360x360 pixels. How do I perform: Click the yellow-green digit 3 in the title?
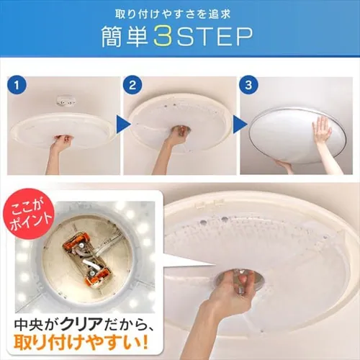coord(163,36)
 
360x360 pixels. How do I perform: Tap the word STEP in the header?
coord(215,36)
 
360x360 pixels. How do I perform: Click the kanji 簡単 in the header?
coord(125,36)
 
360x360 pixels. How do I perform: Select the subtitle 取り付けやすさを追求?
coord(173,14)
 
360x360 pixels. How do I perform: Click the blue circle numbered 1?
coord(17,85)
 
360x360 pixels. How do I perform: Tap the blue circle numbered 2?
coord(132,85)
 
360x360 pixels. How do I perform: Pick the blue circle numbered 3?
coord(248,85)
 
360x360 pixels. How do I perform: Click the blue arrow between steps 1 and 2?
coord(123,125)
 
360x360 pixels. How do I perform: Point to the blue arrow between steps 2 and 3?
coord(240,125)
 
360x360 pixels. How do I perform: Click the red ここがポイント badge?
coord(28,214)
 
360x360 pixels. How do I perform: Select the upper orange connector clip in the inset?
coord(77,243)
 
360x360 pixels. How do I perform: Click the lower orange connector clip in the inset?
coord(97,276)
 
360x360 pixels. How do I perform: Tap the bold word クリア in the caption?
coord(81,324)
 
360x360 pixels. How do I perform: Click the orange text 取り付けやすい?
coord(81,343)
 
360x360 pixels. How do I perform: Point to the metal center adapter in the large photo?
coord(240,279)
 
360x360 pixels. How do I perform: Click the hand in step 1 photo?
coord(61,142)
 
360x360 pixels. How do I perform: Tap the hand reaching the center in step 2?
coord(178,135)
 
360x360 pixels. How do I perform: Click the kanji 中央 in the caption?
coord(28,324)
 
